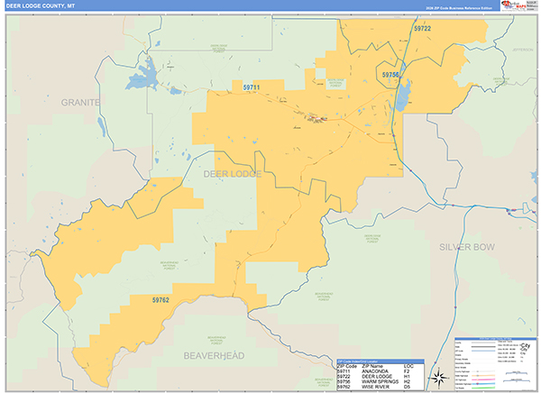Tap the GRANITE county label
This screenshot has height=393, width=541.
tap(81, 103)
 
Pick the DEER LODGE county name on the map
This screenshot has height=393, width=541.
tap(233, 173)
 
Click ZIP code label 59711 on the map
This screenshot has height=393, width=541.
tap(252, 87)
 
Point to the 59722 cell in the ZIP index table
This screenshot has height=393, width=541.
tap(344, 375)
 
